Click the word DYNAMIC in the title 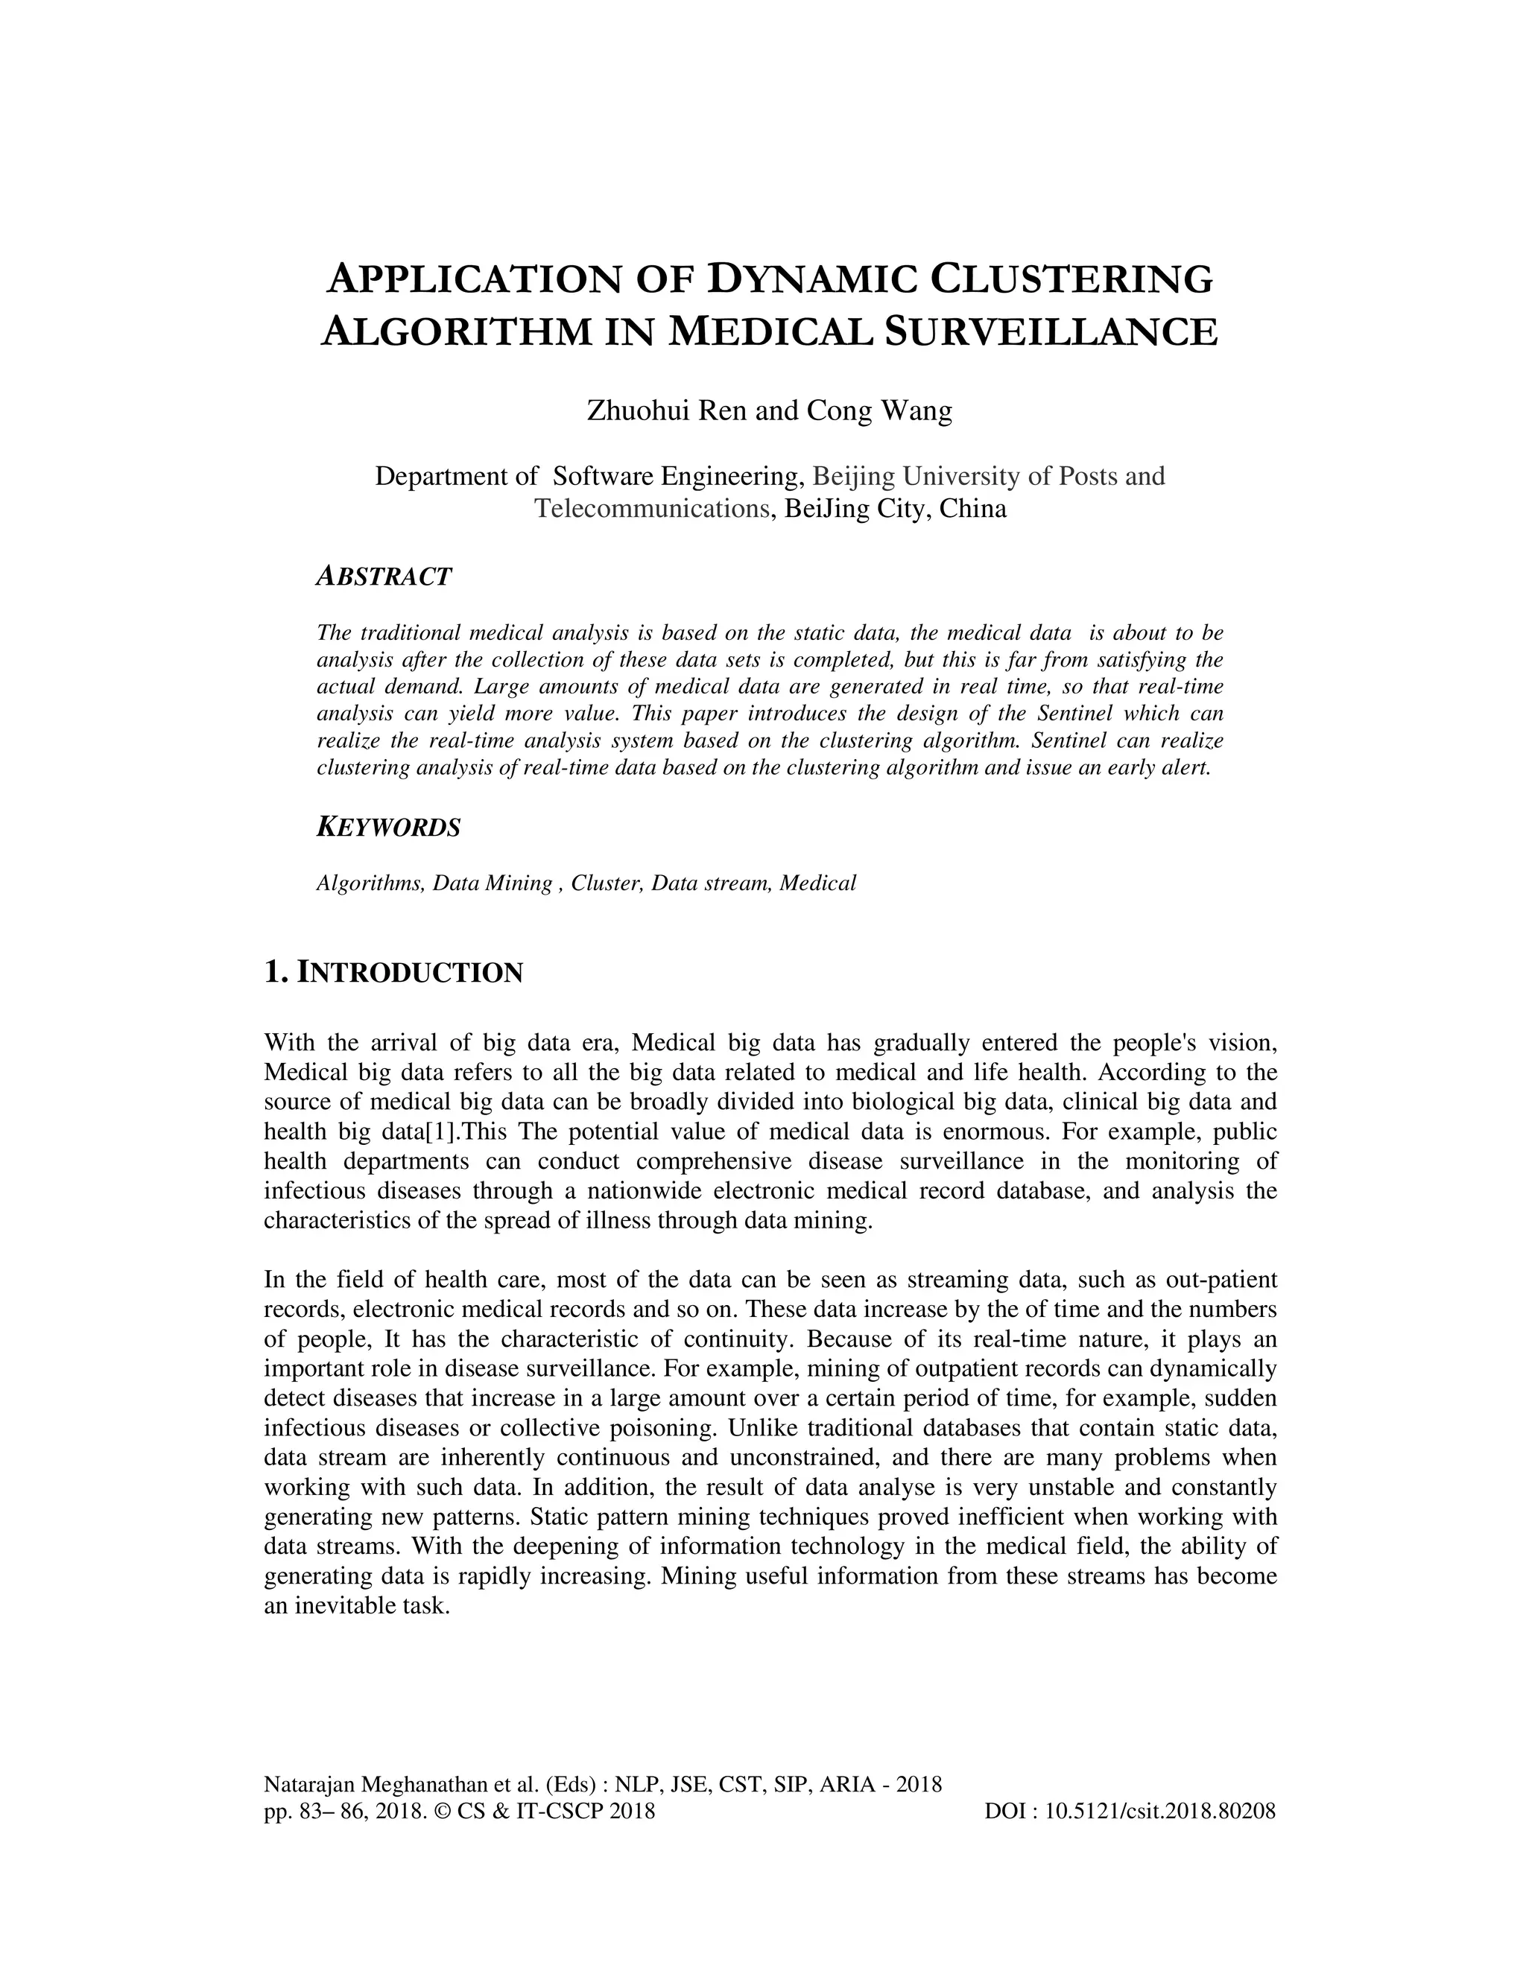805,279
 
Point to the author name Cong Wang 878,411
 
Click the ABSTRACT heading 383,577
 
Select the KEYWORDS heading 389,827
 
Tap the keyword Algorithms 370,883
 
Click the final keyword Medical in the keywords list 817,883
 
